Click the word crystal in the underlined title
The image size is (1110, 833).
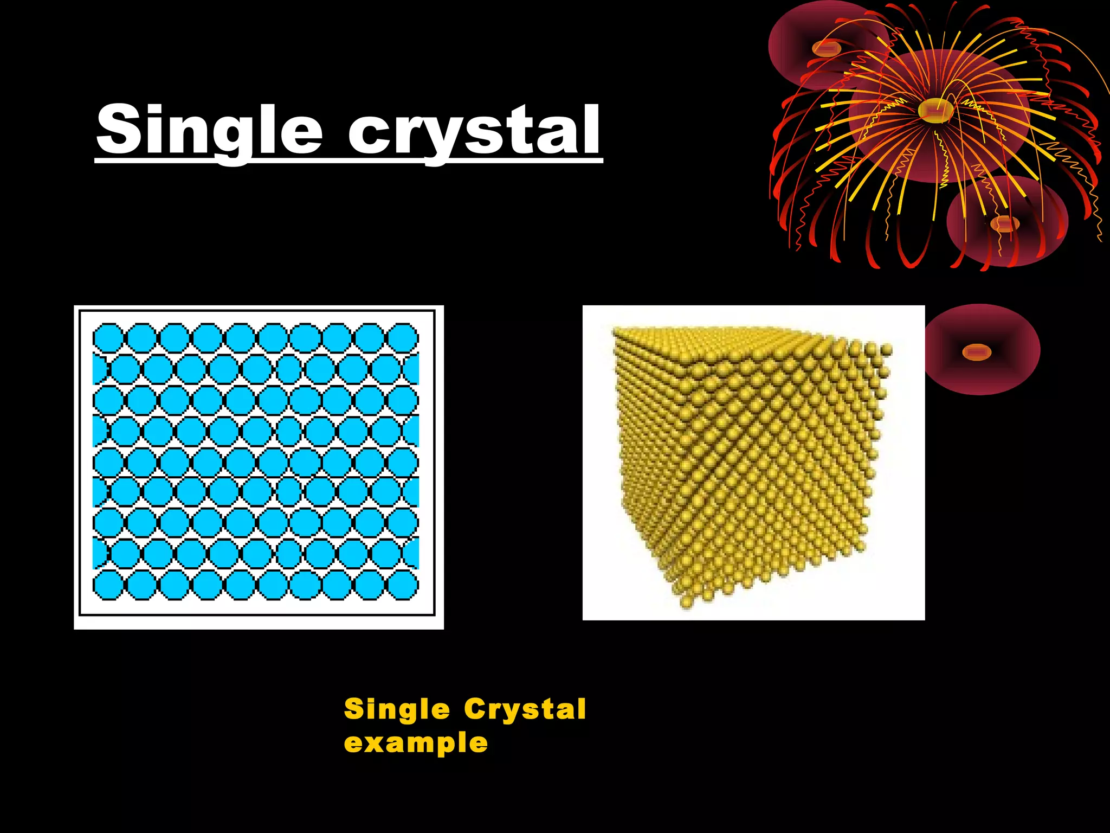coord(474,130)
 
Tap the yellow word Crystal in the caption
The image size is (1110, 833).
coord(525,709)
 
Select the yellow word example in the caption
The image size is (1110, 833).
coord(416,742)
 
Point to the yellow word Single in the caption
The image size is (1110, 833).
coord(397,709)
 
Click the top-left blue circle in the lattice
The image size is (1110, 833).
coord(108,338)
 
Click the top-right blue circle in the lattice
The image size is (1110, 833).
coord(403,338)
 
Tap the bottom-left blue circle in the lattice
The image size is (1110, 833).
coord(108,585)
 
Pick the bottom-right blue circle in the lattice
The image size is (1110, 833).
coord(403,585)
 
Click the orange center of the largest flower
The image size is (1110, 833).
coord(935,111)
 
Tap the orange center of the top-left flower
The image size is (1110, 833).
coord(826,49)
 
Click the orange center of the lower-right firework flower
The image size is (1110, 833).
coord(1004,223)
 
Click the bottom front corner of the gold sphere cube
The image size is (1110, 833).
coord(687,601)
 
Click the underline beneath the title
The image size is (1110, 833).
coord(349,161)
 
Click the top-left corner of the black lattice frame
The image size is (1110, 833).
coord(80,311)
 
